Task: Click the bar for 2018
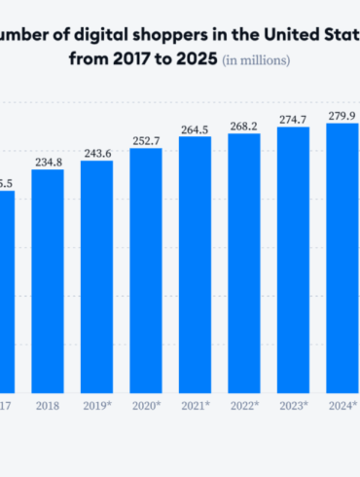48,280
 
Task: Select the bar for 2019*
96,275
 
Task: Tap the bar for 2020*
146,270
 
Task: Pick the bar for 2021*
195,264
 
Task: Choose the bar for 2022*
244,262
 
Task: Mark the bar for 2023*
293,259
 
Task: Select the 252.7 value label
146,140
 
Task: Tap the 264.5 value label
195,128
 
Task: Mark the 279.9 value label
342,114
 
